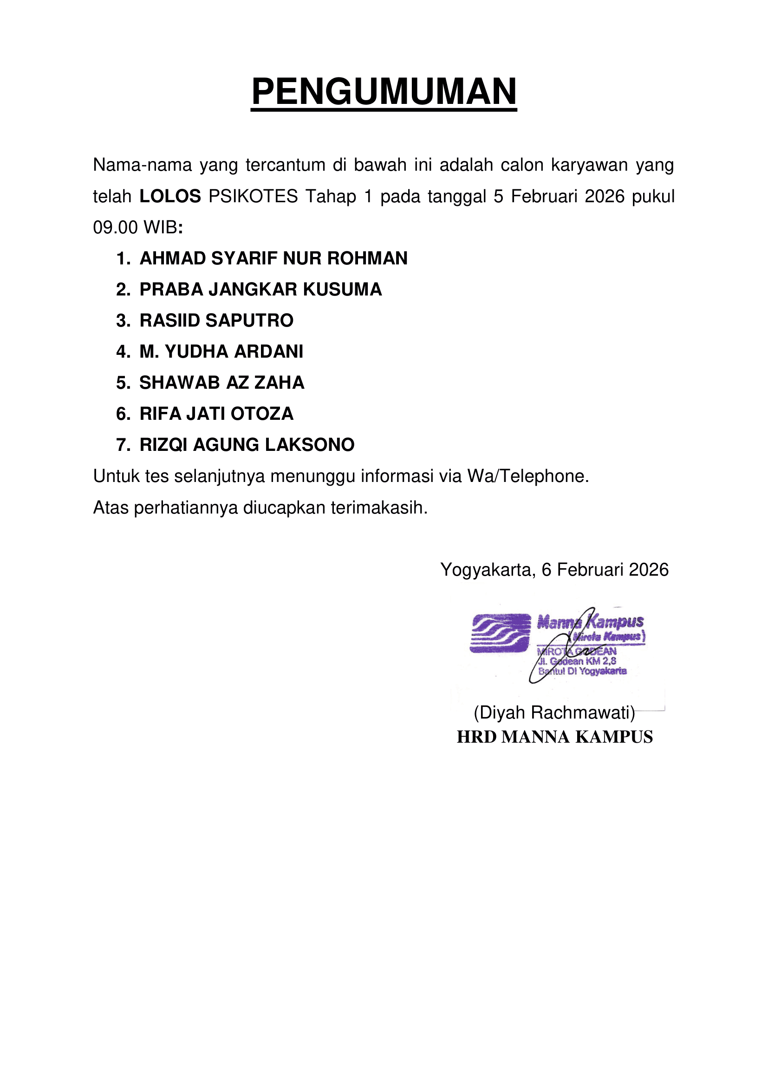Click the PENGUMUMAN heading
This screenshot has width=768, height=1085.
[x=384, y=92]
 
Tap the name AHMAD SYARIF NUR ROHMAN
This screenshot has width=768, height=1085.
[x=273, y=258]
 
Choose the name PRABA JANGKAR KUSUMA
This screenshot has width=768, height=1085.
[x=260, y=289]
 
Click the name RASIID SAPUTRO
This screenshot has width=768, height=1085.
[x=216, y=321]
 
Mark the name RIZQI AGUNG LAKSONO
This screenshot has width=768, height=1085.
[x=247, y=445]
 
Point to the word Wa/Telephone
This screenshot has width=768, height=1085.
[x=528, y=476]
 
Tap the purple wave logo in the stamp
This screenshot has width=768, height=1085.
[x=501, y=633]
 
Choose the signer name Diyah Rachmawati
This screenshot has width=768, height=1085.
[x=554, y=713]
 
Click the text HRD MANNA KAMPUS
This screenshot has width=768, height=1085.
[x=554, y=737]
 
